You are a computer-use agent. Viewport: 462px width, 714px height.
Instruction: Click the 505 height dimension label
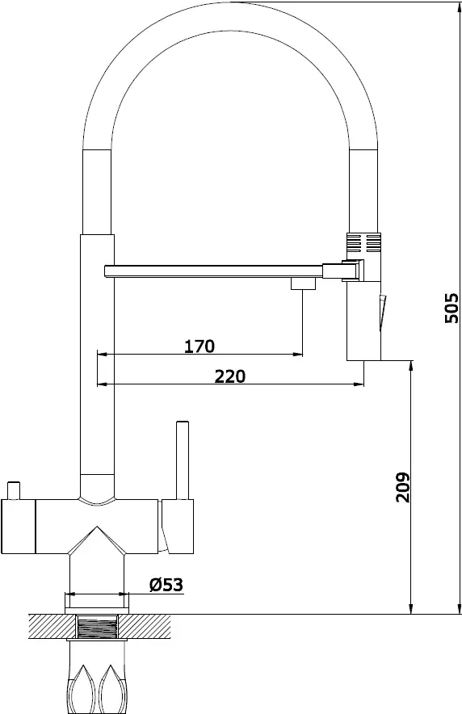451,308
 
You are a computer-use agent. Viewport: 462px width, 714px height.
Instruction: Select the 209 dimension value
402,487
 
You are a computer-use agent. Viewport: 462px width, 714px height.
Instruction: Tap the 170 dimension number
199,346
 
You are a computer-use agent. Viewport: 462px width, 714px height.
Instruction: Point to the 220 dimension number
230,376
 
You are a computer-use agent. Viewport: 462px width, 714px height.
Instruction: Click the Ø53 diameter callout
166,584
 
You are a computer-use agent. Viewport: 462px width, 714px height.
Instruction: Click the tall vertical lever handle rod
183,460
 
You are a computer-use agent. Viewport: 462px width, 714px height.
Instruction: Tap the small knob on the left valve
14,490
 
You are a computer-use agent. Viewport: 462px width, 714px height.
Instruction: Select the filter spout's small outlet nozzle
303,283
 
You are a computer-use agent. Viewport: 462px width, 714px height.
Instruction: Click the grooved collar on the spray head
363,242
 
